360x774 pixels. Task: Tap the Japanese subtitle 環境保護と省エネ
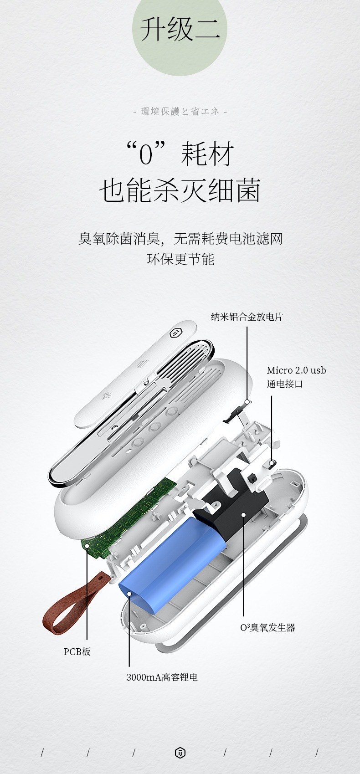click(180, 111)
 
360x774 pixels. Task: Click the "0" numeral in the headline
click(145, 155)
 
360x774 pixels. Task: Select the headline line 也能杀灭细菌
click(180, 190)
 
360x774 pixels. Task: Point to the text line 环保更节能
click(180, 259)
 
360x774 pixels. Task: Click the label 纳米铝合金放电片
click(247, 317)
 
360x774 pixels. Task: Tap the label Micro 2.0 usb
click(296, 370)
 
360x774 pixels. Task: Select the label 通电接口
click(284, 384)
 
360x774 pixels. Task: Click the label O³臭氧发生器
click(268, 627)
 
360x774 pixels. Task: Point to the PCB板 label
click(77, 651)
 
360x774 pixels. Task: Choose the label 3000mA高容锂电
click(162, 677)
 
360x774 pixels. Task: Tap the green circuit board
click(128, 518)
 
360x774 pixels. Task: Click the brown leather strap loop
click(72, 604)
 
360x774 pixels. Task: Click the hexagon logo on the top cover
click(175, 333)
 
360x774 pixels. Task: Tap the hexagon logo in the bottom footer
click(180, 753)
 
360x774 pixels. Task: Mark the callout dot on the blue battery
click(129, 594)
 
